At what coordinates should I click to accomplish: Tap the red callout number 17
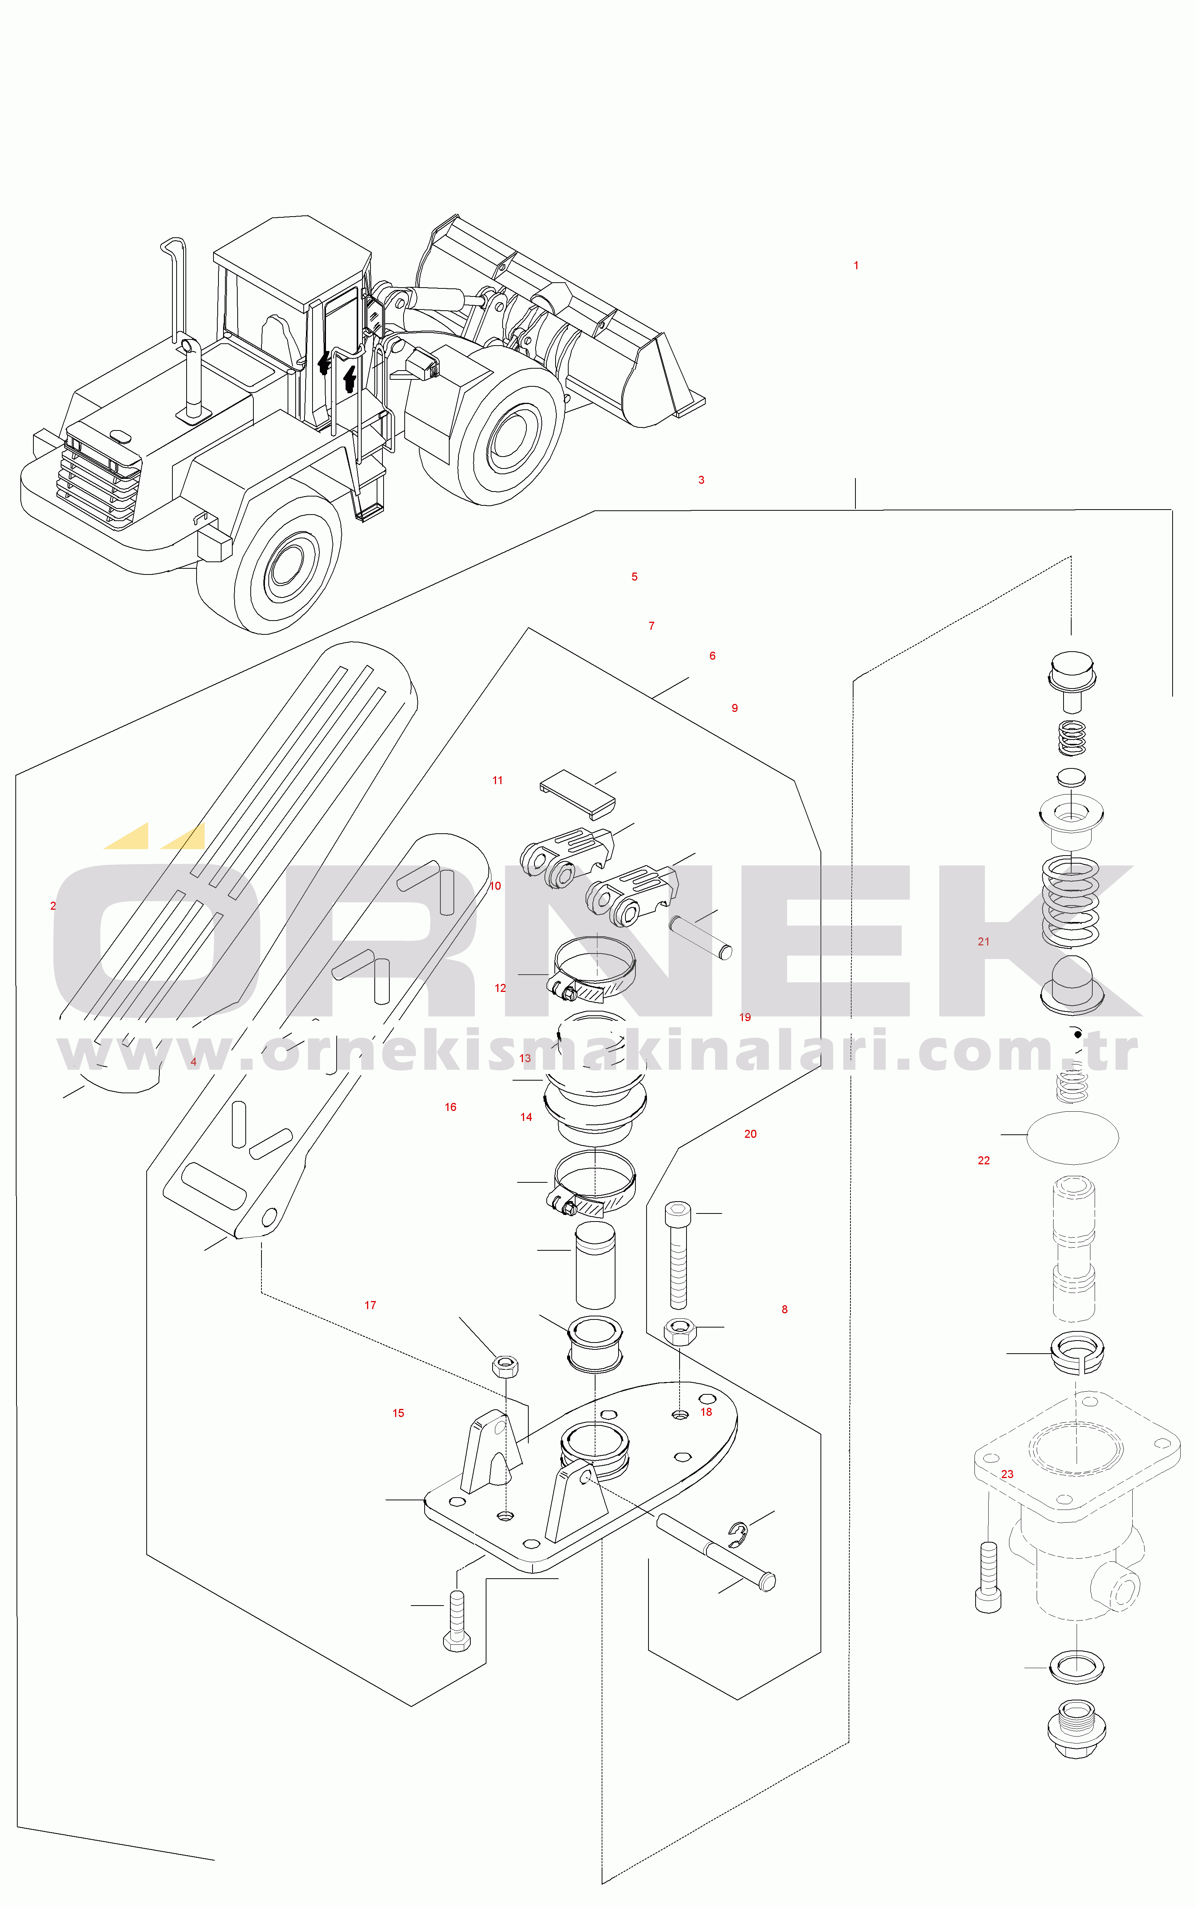(x=370, y=1305)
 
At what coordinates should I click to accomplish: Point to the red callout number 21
(x=983, y=941)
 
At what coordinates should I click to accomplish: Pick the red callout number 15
(x=398, y=1413)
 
